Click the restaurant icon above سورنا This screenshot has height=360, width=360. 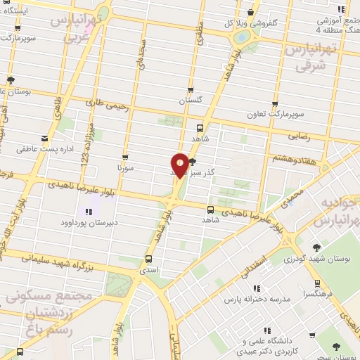(x=125, y=157)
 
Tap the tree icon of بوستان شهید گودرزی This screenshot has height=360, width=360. (x=316, y=247)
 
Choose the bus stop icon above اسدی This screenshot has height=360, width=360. (x=148, y=257)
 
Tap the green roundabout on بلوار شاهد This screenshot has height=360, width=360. (x=242, y=37)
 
